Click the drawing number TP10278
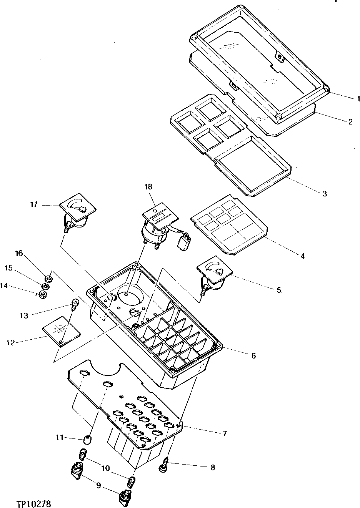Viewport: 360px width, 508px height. point(34,503)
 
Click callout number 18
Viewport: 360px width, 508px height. point(148,187)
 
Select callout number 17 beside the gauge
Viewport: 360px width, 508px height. point(34,205)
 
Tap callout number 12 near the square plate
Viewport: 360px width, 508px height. point(10,342)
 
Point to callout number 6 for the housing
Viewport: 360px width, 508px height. point(253,355)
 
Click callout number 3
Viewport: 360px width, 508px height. point(324,193)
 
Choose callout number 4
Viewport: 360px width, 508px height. point(303,255)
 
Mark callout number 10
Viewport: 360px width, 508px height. point(105,468)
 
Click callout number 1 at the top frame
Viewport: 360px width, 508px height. point(357,98)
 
